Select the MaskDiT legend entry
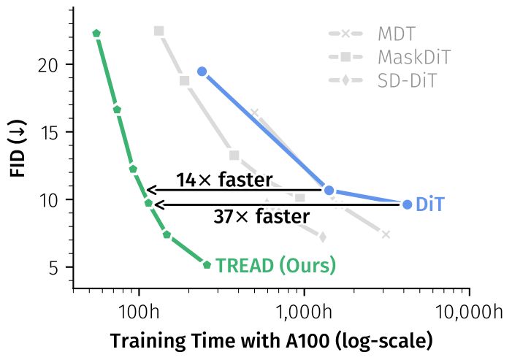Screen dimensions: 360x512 414,57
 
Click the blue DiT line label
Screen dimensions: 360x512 429,205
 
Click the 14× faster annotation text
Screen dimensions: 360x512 223,180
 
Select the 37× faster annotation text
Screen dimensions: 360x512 261,217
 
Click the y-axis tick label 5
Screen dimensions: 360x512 52,267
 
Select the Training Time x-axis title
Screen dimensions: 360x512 271,341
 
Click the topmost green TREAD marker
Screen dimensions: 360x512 96,33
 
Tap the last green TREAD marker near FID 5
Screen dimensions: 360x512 207,264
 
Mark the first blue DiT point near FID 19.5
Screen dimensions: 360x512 202,72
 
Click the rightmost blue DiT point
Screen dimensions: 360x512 407,204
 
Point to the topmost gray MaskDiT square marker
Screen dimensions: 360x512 159,31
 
